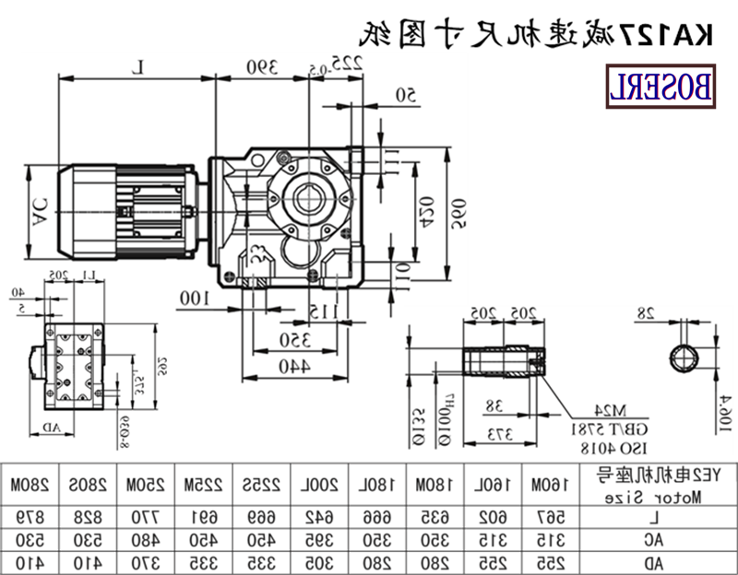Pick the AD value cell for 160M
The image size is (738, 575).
(x=545, y=559)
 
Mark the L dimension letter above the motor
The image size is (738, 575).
(x=138, y=66)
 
